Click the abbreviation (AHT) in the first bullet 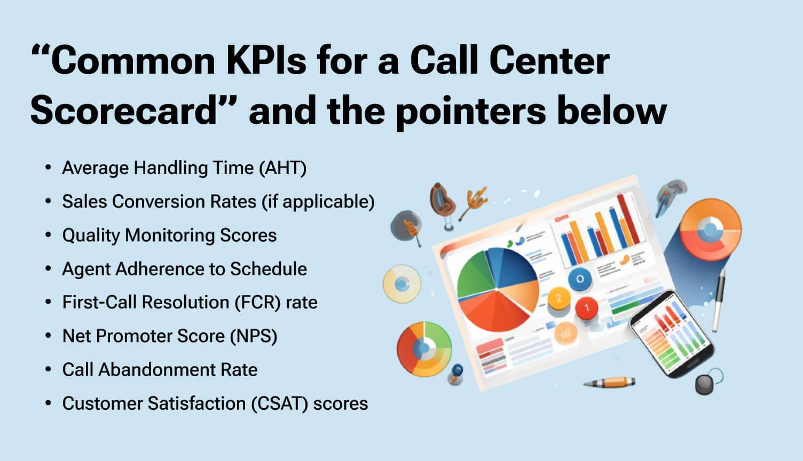coord(282,168)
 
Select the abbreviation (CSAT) coord(279,403)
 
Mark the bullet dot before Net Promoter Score coord(49,336)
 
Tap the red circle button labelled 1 coord(586,307)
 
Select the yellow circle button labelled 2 coord(559,298)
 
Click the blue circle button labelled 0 coord(580,279)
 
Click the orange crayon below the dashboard coord(611,382)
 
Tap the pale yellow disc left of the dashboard coord(401,284)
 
